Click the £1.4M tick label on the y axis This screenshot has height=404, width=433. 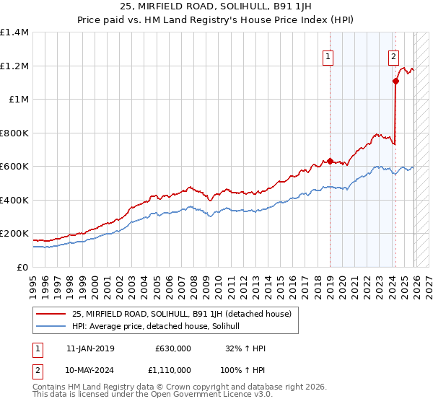(x=14, y=32)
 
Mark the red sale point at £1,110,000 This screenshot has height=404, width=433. (x=395, y=82)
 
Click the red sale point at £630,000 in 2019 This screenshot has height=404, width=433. (x=330, y=162)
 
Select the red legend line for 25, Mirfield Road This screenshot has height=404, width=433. (x=51, y=314)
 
